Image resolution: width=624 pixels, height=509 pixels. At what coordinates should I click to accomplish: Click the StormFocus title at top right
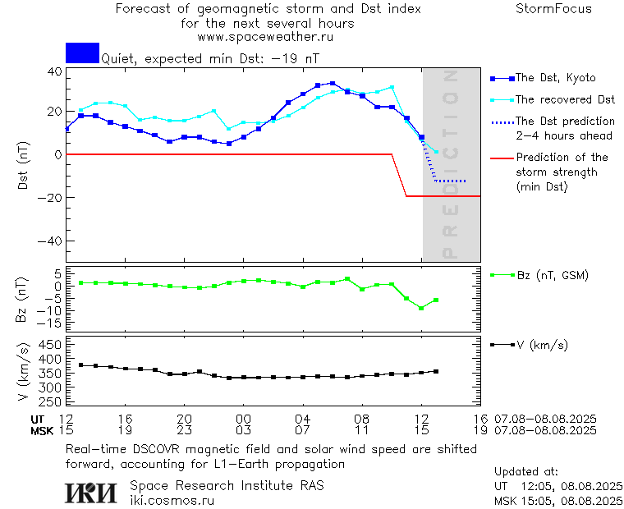coord(553,9)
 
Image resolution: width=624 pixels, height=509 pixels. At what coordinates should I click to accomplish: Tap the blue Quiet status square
coord(82,53)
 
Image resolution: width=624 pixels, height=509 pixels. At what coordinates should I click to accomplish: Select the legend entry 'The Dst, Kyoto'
coord(555,78)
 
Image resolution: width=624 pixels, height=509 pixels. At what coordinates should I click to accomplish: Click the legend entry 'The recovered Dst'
coord(565,99)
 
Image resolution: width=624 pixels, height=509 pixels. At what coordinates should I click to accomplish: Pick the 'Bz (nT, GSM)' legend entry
coord(553,275)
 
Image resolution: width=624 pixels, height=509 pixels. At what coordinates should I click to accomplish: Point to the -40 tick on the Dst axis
coord(52,241)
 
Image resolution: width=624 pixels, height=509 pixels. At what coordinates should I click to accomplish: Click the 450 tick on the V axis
coord(50,344)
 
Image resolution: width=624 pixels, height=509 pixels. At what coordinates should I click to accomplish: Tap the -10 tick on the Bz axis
coord(50,310)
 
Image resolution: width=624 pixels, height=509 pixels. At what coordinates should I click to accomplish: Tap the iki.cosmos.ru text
coord(172,500)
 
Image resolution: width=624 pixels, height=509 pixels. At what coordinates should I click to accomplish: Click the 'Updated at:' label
coord(525,472)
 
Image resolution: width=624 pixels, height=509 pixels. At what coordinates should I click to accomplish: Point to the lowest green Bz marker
coord(421,308)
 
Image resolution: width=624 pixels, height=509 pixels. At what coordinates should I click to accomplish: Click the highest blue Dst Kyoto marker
coord(333,83)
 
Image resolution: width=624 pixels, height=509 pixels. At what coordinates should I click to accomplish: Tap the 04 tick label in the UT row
coord(303,419)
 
